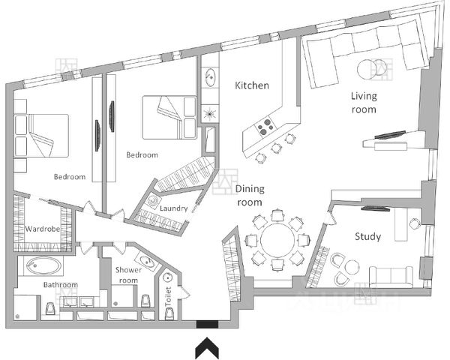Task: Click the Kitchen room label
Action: pyautogui.click(x=252, y=85)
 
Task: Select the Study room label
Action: pyautogui.click(x=368, y=237)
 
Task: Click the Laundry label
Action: pyautogui.click(x=173, y=208)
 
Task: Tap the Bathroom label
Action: pyautogui.click(x=60, y=285)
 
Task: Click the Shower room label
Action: pyautogui.click(x=127, y=275)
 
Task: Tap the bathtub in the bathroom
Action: pyautogui.click(x=42, y=265)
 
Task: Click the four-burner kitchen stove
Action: pyautogui.click(x=265, y=127)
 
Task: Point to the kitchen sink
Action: pyautogui.click(x=210, y=76)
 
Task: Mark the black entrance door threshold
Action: pyautogui.click(x=206, y=325)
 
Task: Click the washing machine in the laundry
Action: pyautogui.click(x=154, y=202)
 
